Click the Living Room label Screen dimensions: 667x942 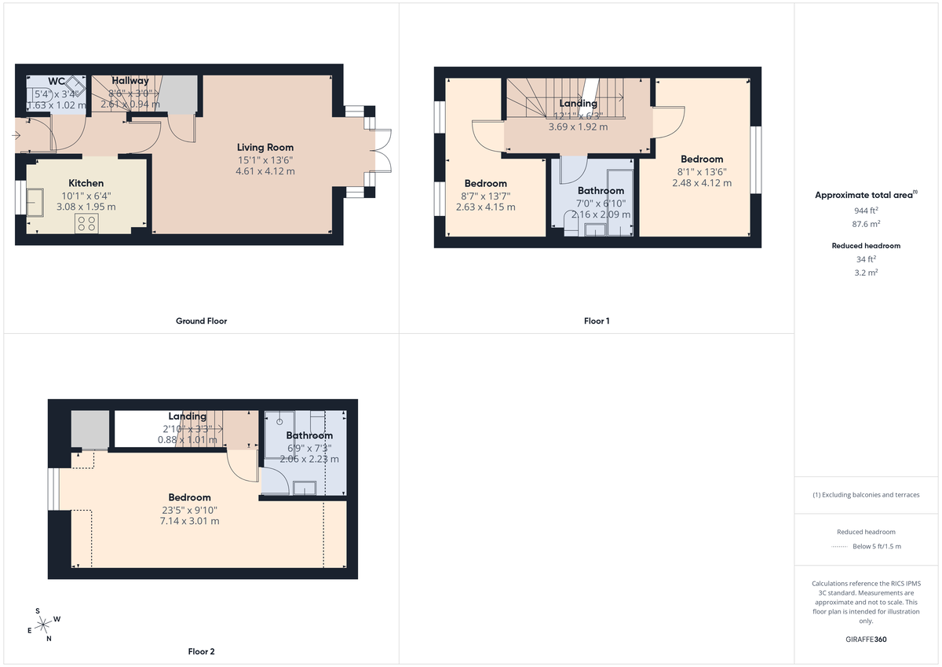(265, 147)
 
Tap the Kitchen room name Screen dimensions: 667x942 (86, 183)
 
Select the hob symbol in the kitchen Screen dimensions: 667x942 (86, 223)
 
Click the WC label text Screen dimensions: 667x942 (57, 81)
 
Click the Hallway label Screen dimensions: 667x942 (130, 81)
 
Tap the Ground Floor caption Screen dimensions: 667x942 (202, 321)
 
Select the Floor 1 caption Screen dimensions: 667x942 (597, 321)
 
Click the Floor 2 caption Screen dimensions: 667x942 (201, 651)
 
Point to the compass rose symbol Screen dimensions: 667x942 (44, 625)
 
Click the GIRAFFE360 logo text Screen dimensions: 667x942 (867, 640)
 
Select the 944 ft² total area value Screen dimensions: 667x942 (866, 211)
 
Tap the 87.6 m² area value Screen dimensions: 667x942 (866, 224)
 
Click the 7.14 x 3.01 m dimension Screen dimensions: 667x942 (188, 521)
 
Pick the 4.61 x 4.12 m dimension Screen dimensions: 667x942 (265, 171)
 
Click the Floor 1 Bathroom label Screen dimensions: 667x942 (601, 191)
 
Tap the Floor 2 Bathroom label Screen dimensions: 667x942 (309, 435)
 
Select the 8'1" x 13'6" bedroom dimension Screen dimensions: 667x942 (702, 171)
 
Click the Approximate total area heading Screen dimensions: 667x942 (865, 195)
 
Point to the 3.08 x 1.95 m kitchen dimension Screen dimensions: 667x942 (87, 207)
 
